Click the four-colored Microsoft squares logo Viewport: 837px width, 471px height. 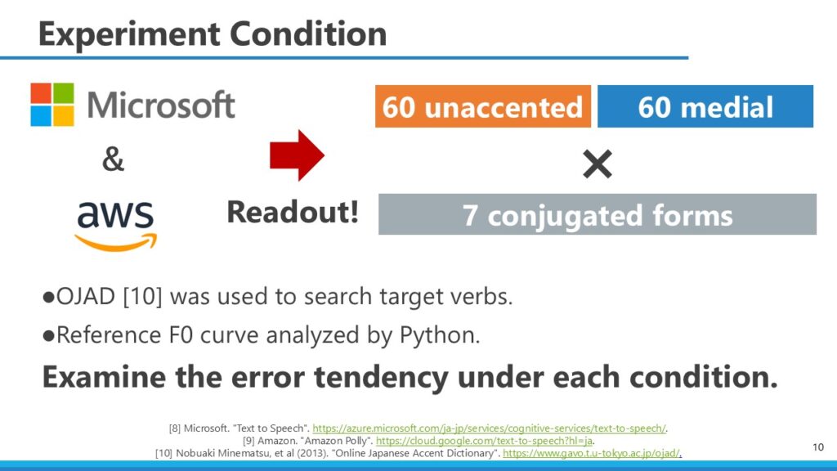(x=52, y=104)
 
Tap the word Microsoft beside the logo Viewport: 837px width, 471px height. (x=161, y=105)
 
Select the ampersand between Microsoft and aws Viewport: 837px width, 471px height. (x=113, y=159)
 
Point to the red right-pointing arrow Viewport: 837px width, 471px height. (x=297, y=155)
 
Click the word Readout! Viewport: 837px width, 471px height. (x=293, y=212)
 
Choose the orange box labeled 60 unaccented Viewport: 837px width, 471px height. (x=482, y=106)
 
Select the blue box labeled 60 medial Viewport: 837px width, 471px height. (x=705, y=106)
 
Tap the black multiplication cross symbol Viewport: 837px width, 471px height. (x=598, y=164)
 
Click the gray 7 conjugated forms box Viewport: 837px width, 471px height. (x=598, y=214)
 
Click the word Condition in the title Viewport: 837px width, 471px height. (x=308, y=34)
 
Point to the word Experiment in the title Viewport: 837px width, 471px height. (x=129, y=35)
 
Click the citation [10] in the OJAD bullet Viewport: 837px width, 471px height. (x=142, y=296)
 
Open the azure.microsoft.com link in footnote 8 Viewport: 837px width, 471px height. (x=489, y=428)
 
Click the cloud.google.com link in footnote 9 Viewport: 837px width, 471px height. (x=484, y=441)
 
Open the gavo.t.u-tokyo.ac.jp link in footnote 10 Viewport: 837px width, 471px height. (x=592, y=453)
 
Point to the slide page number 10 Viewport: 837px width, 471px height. (x=817, y=447)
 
